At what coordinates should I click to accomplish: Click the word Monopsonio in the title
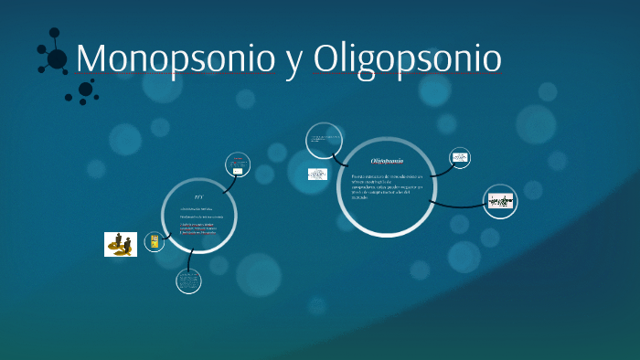coord(174,58)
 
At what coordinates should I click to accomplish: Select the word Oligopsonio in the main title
coord(407,58)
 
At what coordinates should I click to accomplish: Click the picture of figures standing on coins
coord(121,244)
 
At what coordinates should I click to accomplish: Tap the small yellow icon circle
coord(155,241)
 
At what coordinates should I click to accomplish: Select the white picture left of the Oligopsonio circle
coord(317,174)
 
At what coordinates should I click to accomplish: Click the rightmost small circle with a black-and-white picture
coord(500,201)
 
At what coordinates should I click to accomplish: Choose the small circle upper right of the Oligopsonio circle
coord(460,158)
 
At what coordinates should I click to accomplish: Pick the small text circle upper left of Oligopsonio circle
coord(324,141)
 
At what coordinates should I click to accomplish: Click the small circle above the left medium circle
coord(238,164)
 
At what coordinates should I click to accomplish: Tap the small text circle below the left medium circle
coord(188,281)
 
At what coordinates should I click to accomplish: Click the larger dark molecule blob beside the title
coord(57,58)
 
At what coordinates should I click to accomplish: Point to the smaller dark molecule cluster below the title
coord(85,90)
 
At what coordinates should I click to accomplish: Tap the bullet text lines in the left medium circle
coord(198,221)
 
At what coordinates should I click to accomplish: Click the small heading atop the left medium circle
coord(198,197)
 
